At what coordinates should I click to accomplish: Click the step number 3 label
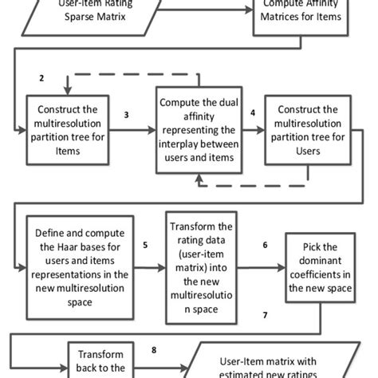tap(126, 114)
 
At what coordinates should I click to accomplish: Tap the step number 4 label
tap(253, 113)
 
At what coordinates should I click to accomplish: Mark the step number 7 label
tap(265, 316)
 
